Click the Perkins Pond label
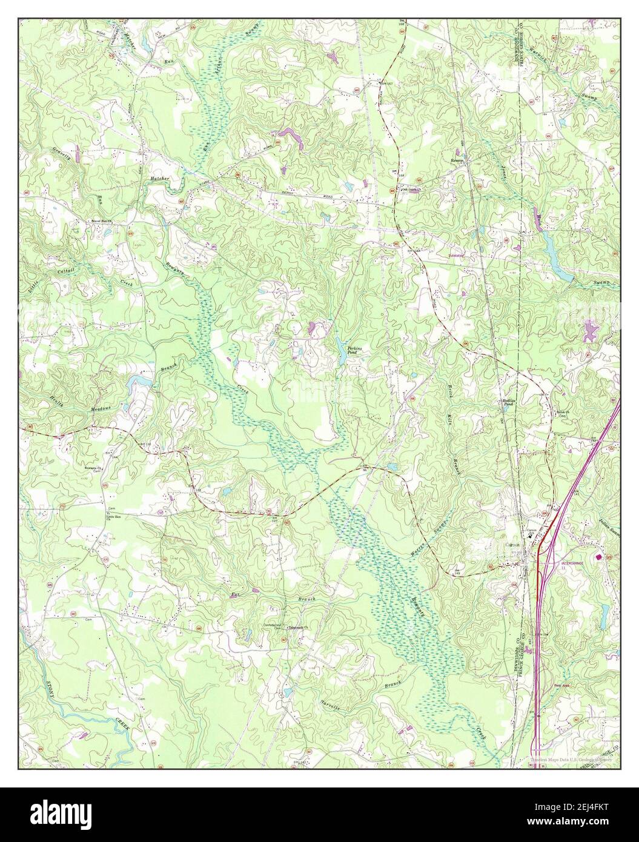click(x=355, y=351)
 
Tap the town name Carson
click(x=512, y=544)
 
